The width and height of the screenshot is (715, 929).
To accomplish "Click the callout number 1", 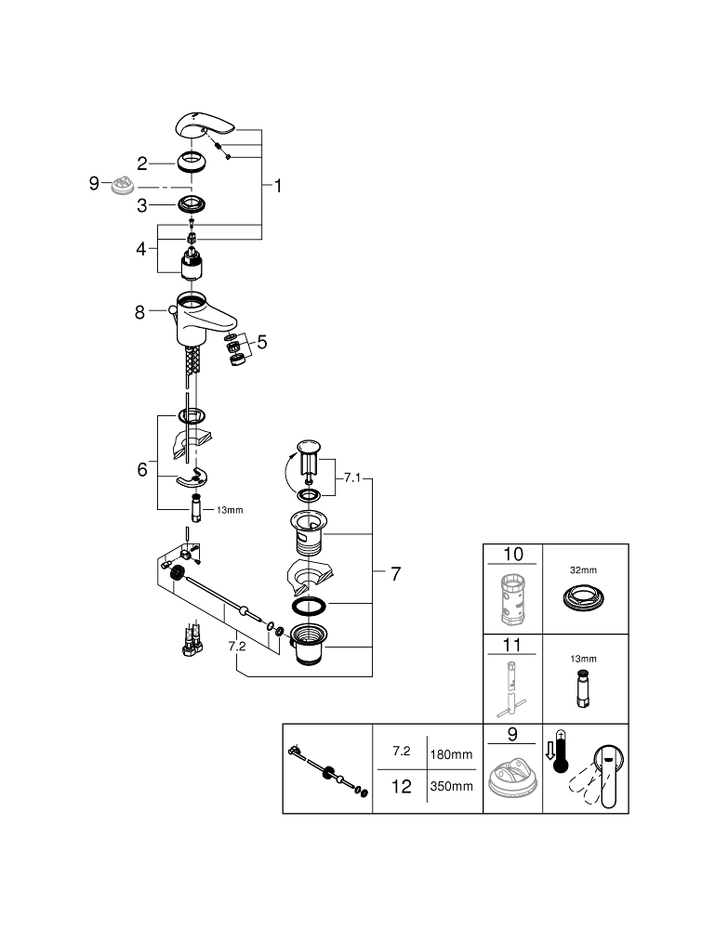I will [x=277, y=186].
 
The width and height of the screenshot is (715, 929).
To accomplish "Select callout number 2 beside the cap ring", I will [x=142, y=164].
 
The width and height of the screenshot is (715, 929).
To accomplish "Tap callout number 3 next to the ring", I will [x=142, y=204].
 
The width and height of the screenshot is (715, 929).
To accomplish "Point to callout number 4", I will [x=142, y=249].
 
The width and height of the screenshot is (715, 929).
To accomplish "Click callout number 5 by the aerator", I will [x=262, y=342].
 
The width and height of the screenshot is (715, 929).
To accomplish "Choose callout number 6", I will [x=142, y=470].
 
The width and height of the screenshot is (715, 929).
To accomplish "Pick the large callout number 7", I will [x=395, y=574].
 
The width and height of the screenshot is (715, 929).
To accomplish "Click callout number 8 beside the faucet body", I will [x=139, y=313].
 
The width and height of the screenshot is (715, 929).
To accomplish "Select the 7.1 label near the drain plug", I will [x=351, y=478].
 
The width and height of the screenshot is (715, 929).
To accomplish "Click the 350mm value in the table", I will [x=451, y=786].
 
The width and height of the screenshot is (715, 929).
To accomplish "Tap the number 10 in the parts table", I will [x=512, y=555].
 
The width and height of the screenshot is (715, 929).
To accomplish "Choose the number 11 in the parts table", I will [x=512, y=645].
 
